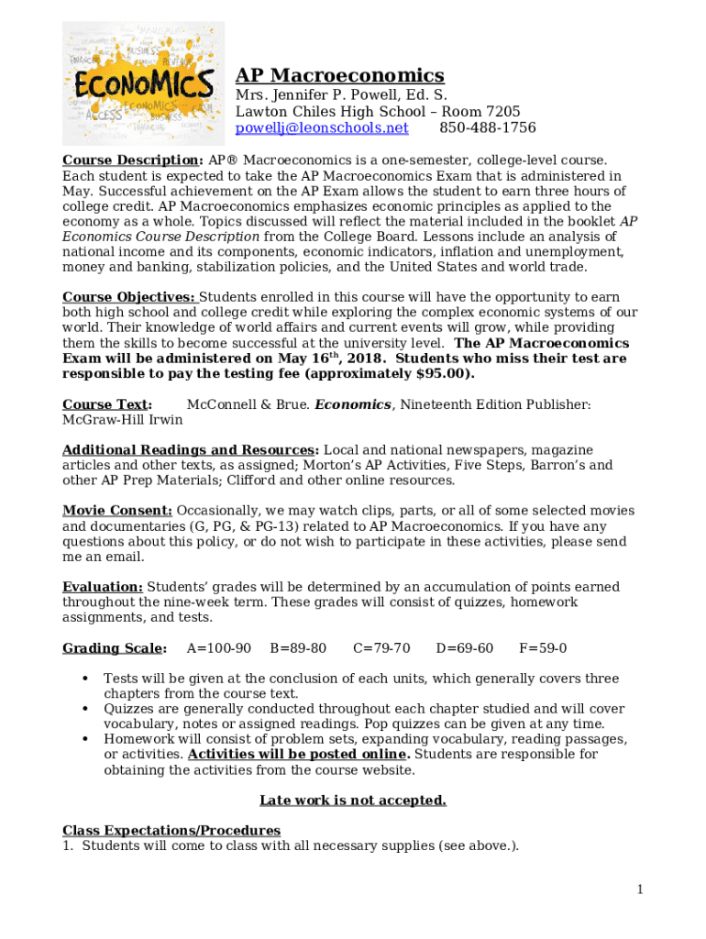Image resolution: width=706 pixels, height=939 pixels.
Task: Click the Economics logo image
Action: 143,83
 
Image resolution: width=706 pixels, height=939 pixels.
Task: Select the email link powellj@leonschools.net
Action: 322,127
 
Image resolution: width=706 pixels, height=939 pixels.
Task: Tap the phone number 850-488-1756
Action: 488,127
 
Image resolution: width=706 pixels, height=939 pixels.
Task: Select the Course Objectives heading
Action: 128,297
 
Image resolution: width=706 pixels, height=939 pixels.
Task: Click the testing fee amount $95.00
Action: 443,374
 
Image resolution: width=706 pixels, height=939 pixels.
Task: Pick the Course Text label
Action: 106,404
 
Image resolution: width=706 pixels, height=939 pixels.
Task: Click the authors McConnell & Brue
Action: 248,404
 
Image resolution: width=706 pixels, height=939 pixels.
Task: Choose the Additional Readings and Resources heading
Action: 190,450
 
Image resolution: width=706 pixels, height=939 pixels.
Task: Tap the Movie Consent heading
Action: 116,511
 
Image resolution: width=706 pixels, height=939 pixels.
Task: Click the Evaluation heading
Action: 102,587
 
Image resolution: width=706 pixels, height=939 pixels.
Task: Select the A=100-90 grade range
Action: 218,648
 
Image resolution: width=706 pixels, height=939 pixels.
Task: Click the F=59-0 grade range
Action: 543,648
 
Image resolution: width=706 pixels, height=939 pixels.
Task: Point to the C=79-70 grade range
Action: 381,648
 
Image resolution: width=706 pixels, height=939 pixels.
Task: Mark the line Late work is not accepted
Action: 353,801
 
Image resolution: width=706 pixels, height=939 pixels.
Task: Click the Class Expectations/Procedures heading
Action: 171,831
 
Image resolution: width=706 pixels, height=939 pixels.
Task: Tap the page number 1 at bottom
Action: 641,889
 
